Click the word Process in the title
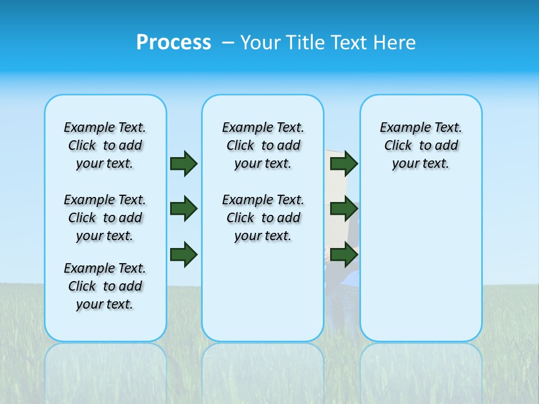(173, 43)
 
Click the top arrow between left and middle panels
(184, 163)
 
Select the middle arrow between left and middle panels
(184, 209)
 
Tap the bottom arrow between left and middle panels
(184, 255)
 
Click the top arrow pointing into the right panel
(344, 163)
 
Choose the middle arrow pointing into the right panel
(344, 209)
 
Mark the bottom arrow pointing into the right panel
(344, 255)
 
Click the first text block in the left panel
(105, 145)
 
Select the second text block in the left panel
(105, 218)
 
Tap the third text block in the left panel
(105, 286)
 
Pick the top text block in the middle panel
(263, 145)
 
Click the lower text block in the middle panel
(263, 218)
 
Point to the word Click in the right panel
(398, 146)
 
